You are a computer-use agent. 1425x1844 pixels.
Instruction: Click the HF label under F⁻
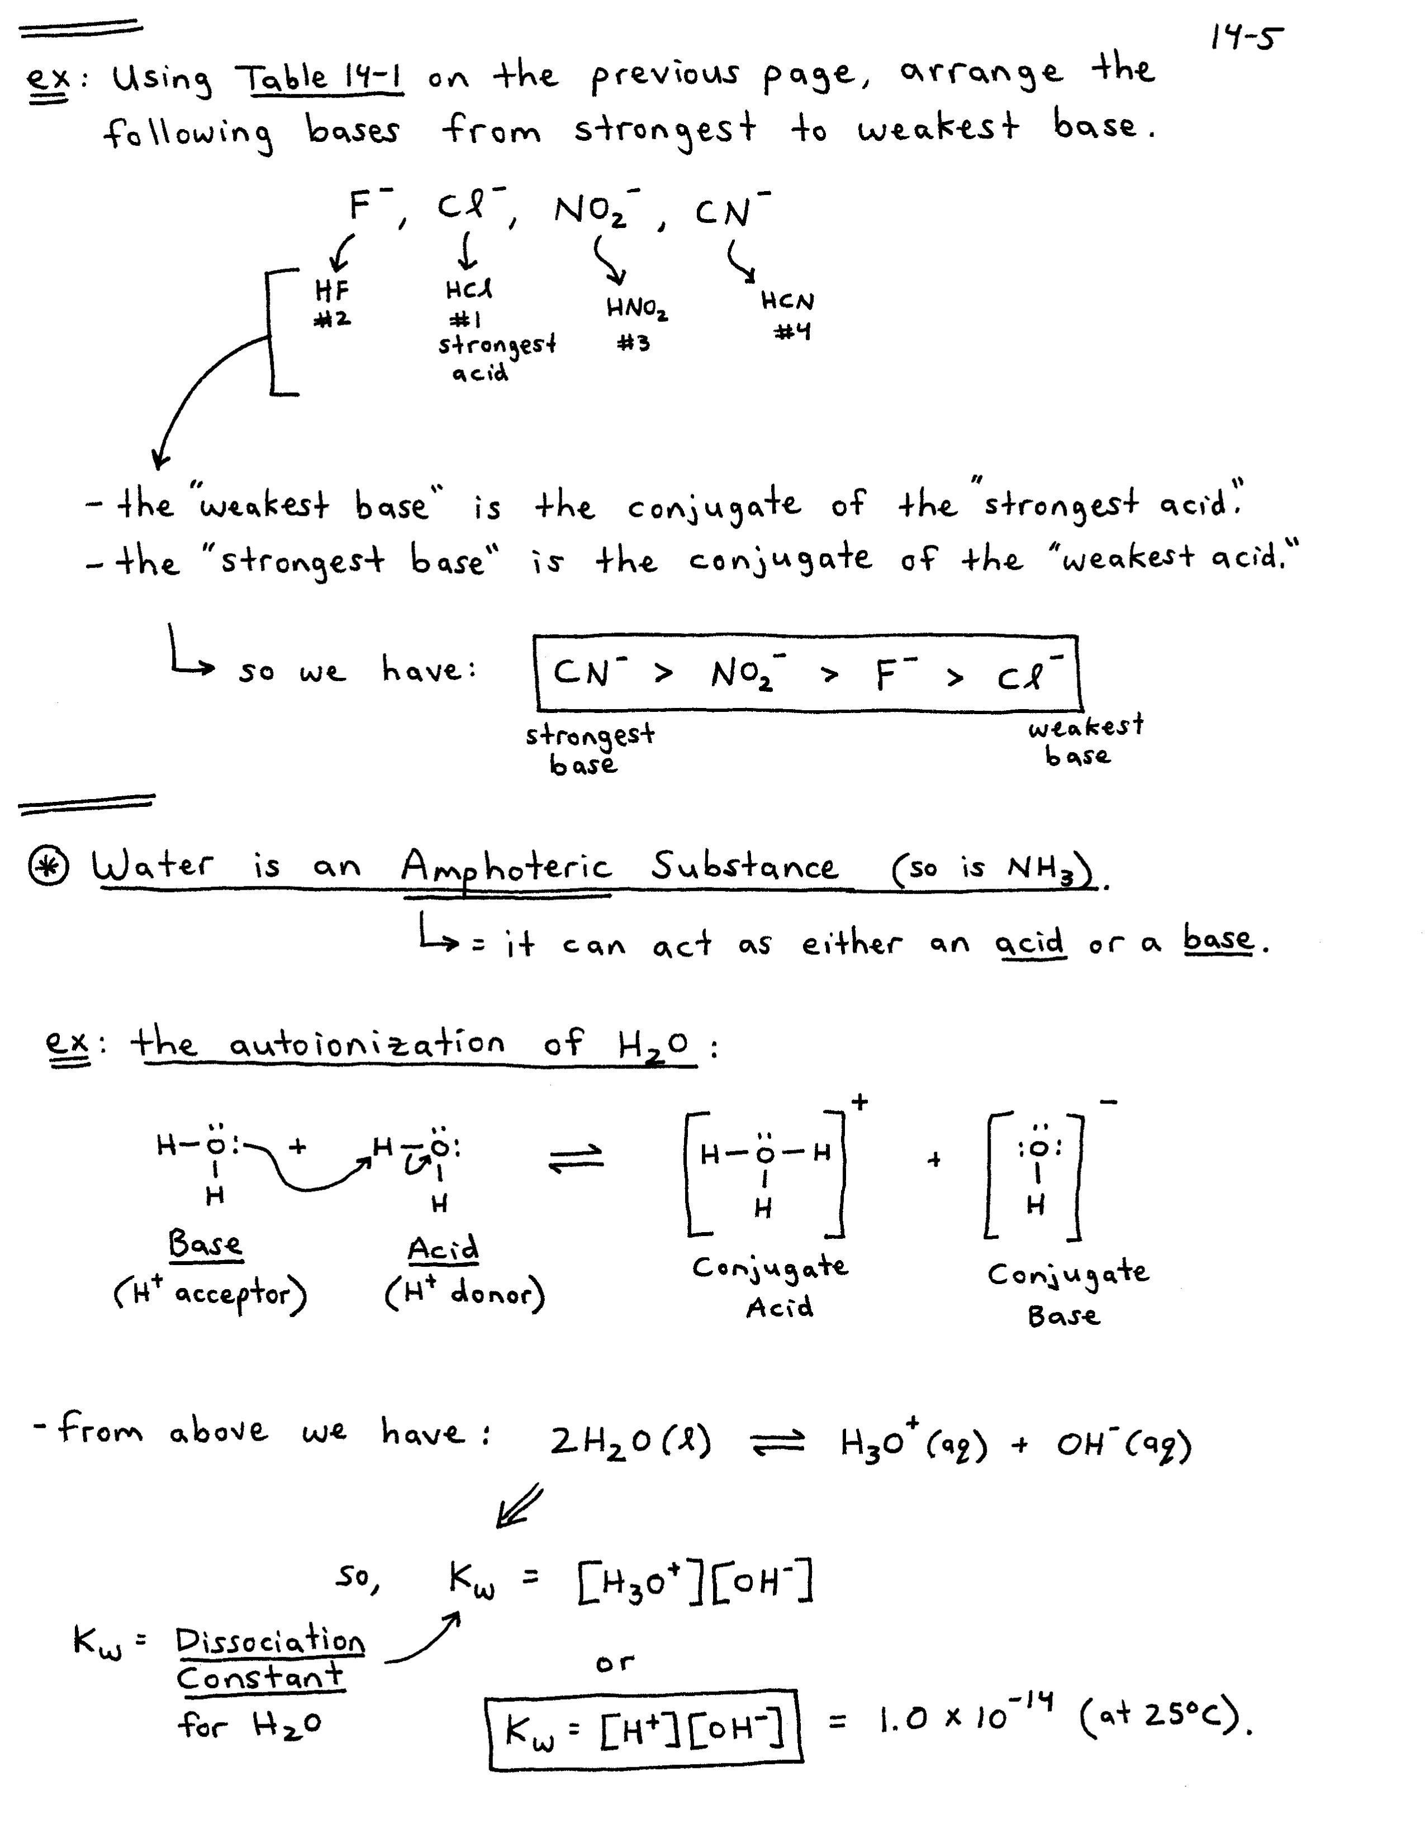coord(332,291)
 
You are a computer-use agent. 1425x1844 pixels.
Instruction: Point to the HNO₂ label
coord(636,309)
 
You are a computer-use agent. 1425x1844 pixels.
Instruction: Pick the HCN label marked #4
coord(787,301)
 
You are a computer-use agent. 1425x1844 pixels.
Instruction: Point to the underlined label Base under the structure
coord(205,1244)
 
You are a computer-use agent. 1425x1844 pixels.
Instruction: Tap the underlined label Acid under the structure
coord(443,1249)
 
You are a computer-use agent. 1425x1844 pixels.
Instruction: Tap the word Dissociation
coord(270,1641)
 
